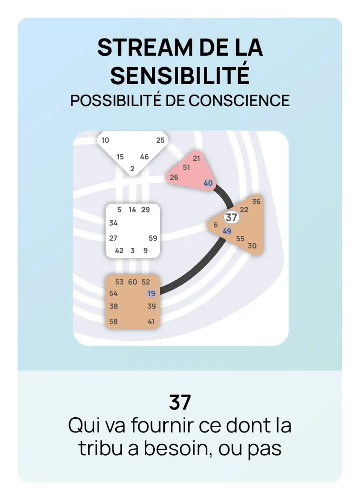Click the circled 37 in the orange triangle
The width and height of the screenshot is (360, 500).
click(231, 217)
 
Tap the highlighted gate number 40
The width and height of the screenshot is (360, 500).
click(208, 183)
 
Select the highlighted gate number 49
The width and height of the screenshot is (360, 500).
click(227, 231)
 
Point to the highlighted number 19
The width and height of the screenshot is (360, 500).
click(151, 294)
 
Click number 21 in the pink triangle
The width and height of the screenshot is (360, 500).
click(196, 158)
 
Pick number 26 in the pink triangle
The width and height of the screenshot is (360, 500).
click(174, 177)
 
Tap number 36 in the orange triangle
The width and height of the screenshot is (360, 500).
click(256, 202)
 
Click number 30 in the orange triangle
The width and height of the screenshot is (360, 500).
click(252, 246)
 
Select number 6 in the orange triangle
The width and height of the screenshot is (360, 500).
click(215, 225)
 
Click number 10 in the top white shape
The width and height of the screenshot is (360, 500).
click(105, 140)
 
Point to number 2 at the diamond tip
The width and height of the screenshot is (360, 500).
click(132, 169)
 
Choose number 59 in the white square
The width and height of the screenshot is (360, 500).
click(153, 238)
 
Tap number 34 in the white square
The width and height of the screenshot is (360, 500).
click(113, 223)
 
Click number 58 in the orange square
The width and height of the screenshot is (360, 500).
click(113, 322)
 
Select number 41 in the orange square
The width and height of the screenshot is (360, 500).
click(151, 322)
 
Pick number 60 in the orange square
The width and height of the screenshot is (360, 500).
click(132, 282)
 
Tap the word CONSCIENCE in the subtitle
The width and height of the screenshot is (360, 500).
click(239, 101)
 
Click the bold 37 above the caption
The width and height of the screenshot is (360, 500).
click(180, 402)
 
